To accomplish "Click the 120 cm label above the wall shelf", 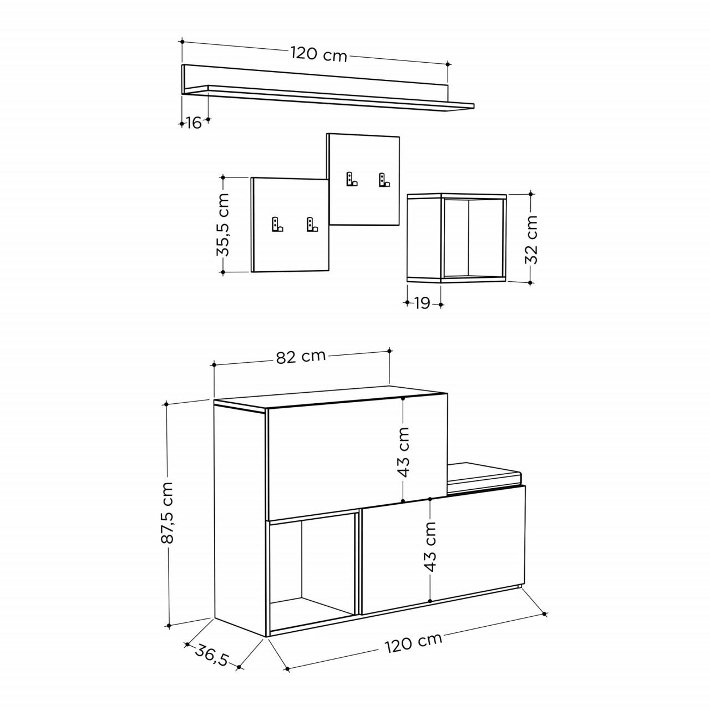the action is click(x=319, y=54).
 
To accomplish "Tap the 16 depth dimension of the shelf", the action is click(x=194, y=123).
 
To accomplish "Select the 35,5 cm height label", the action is click(x=223, y=225).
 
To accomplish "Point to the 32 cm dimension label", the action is click(x=531, y=240).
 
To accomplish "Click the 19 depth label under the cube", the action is click(x=423, y=303).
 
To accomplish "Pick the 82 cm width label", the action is click(x=301, y=356).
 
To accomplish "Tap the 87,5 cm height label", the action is click(x=168, y=513).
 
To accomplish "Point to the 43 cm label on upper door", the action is click(x=404, y=452).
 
